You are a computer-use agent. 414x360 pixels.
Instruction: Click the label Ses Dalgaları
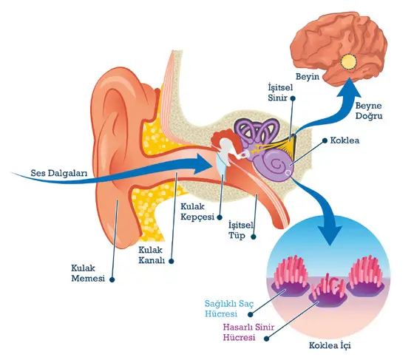coord(58,173)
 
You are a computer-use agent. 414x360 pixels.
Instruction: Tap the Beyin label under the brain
coord(308,77)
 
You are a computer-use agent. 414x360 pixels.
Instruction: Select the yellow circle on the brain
coord(348,62)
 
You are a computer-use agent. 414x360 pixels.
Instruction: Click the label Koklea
coord(345,140)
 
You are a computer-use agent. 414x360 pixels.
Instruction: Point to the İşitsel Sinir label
coord(280,92)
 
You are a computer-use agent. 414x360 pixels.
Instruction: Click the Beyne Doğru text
coord(369,111)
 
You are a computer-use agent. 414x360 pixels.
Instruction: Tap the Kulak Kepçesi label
coord(197,211)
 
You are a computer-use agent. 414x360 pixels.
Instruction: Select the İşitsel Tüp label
coord(240,231)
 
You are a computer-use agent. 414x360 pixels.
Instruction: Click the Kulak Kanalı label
coord(152,255)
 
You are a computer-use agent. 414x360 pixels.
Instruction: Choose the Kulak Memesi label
coord(88,274)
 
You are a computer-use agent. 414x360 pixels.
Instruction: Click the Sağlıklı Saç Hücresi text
coord(229,309)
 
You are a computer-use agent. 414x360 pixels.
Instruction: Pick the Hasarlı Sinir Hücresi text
coord(248,333)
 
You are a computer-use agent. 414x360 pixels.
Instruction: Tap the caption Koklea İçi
coord(330,345)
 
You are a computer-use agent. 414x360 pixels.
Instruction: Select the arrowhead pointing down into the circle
coord(329,234)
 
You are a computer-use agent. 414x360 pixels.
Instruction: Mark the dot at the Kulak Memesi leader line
coord(112,279)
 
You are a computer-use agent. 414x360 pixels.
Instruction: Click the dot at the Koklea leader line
coord(325,141)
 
